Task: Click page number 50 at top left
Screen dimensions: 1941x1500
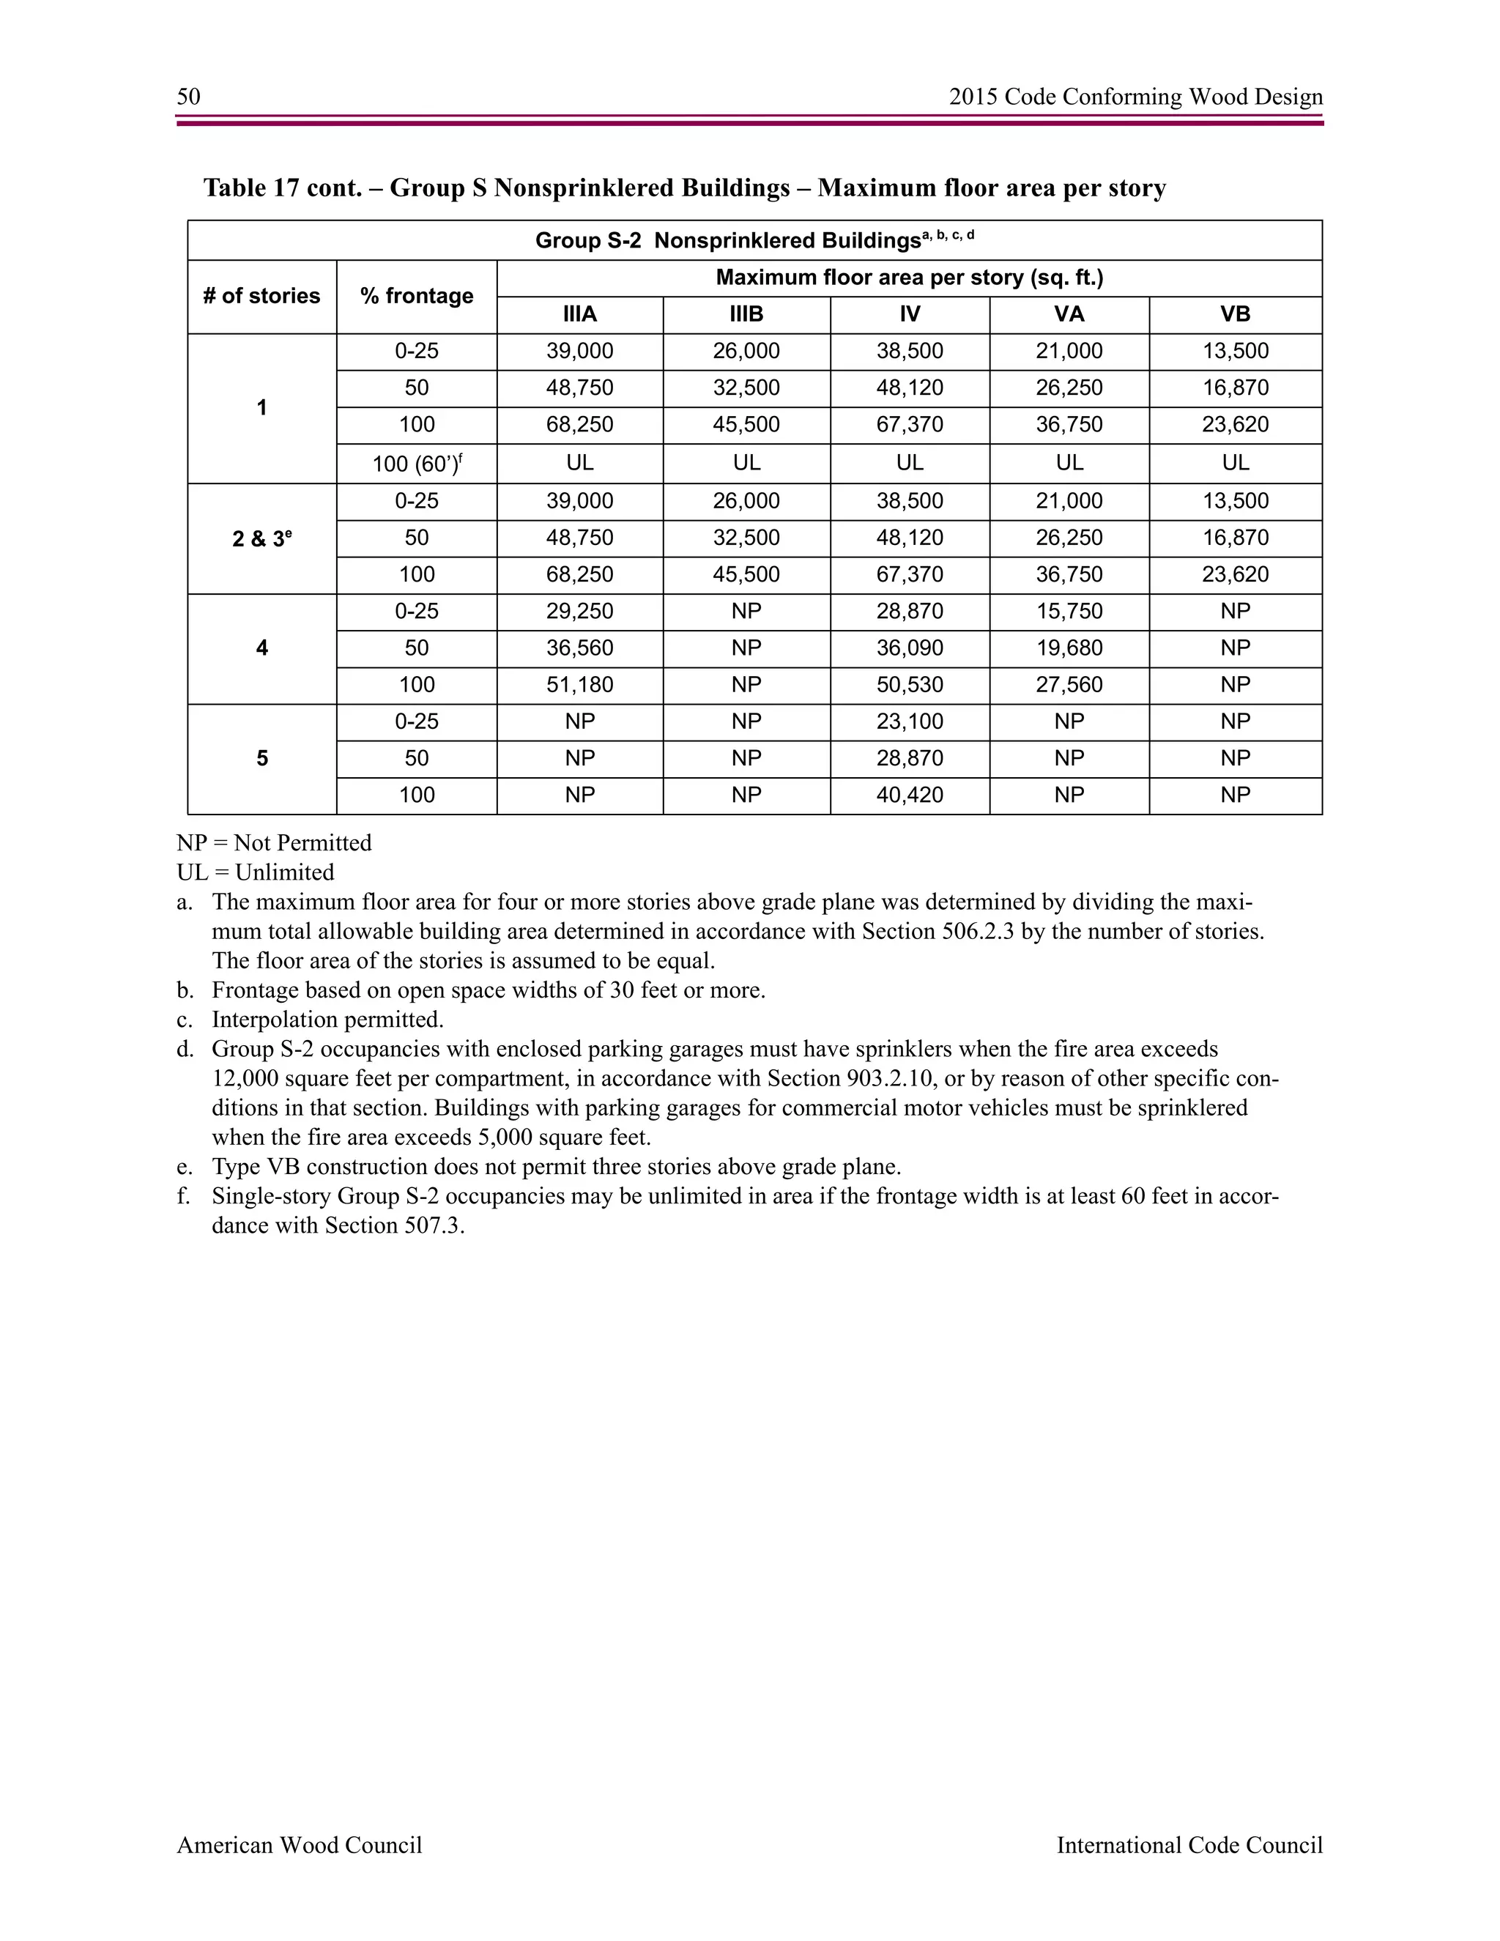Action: [188, 97]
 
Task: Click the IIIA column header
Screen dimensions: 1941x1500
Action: [579, 315]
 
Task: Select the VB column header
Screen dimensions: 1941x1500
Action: [1235, 315]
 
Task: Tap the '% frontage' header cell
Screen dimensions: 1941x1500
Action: [417, 296]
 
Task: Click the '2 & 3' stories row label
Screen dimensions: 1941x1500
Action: [261, 538]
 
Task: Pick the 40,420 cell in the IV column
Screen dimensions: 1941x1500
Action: [909, 795]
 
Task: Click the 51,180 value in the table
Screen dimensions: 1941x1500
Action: [579, 686]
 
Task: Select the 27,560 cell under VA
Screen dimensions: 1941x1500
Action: [1069, 686]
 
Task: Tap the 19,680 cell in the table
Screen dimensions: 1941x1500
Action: [1069, 648]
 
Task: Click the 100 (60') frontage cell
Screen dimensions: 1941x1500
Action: [417, 463]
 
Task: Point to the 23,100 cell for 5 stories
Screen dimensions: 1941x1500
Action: [909, 721]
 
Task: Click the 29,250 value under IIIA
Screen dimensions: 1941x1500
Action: [579, 612]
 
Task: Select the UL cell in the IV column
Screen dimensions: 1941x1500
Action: [909, 463]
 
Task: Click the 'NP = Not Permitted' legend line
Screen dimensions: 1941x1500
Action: [274, 842]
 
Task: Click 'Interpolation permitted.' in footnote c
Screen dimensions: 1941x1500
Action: [327, 1020]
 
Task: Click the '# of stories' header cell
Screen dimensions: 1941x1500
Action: [261, 296]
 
